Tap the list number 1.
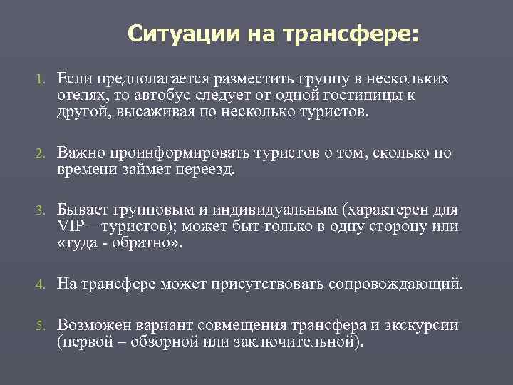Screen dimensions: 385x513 pos(40,78)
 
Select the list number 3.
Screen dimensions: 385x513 pos(40,211)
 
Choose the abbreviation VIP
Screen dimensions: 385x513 pos(71,227)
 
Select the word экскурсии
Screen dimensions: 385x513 pos(418,326)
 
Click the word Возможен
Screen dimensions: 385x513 pos(92,326)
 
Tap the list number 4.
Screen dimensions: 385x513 pos(40,285)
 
